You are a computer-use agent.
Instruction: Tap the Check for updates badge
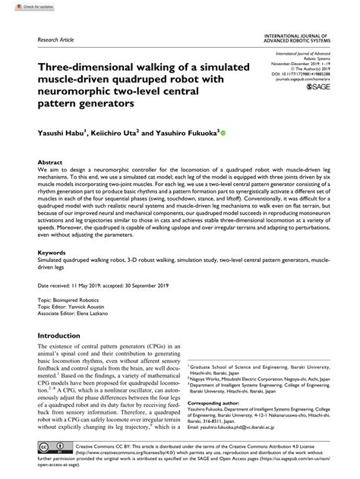[22, 7]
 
